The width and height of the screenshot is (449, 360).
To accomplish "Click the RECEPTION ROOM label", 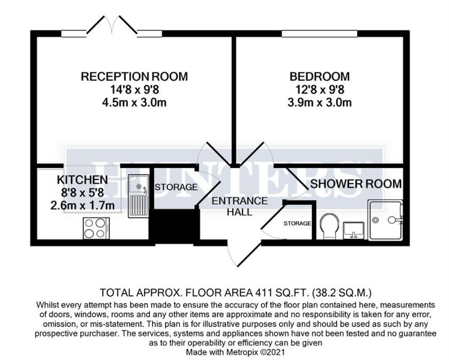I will coord(134,76).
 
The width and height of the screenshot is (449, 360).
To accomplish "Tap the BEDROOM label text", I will coord(319,76).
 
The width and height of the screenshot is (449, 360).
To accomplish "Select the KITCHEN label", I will coord(82,180).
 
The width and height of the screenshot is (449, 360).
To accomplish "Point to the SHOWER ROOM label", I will coord(356,184).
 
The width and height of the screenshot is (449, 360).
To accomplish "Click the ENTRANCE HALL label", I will coord(239,206).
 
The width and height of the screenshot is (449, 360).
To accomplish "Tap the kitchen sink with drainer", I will coord(139,195).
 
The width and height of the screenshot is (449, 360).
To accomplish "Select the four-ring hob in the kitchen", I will coord(96,229).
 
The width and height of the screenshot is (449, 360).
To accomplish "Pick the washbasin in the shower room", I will coord(355,230).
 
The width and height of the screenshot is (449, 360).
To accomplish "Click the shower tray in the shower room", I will coord(386,219).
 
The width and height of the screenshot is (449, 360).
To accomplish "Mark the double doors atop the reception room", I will coord(112,26).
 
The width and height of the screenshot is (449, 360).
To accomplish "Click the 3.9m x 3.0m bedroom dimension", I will coord(319,102).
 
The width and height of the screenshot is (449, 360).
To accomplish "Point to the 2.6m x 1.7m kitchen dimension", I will coord(82,205).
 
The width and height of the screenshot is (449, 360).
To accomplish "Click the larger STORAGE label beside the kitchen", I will coord(176,187).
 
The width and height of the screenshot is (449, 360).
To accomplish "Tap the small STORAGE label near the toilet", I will coord(297,224).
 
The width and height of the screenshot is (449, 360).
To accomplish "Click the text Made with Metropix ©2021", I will coord(236,351).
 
